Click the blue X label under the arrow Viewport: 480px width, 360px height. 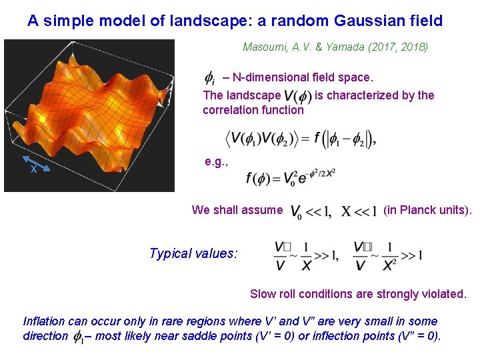coord(33,170)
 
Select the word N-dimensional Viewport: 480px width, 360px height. coord(266,78)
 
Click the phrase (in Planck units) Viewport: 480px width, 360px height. coord(427,211)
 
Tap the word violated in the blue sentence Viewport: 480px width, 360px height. coord(444,294)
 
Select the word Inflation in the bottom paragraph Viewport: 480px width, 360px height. coord(45,321)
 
